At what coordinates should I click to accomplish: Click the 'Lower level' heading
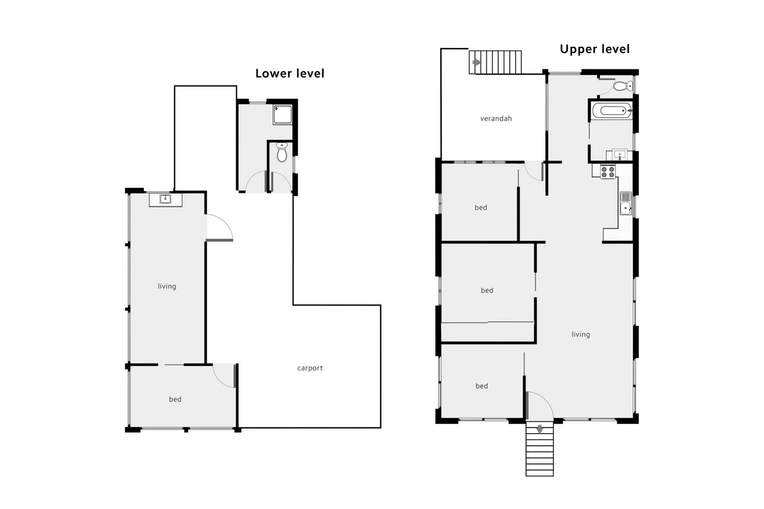coord(290,74)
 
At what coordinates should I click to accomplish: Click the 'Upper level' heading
coord(594,49)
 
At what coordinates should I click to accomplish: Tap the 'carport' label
coord(310,368)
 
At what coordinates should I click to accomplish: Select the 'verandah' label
coord(496,119)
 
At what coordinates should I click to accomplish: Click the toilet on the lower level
coord(282,153)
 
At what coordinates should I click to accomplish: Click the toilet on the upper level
coord(623,86)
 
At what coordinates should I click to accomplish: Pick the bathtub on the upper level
coord(612,111)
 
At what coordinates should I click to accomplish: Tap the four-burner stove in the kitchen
coord(607,172)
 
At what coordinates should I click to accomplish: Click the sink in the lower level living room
coord(165,199)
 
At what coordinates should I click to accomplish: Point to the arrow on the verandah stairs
coord(477,62)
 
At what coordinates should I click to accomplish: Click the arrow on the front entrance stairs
coord(540,429)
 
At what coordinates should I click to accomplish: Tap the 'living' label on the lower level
coord(167,286)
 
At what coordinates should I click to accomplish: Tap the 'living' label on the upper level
coord(581,334)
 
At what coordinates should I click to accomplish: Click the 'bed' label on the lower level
coord(175,399)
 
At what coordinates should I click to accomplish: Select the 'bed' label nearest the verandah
coord(481,208)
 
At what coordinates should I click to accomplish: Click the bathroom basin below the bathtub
coord(619,155)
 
